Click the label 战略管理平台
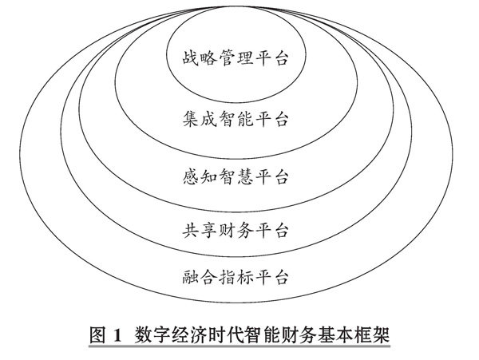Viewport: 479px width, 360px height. coord(236,60)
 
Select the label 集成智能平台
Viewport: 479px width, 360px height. coord(236,120)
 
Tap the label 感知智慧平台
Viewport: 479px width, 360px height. coord(236,174)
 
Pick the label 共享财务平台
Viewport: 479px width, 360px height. coord(236,231)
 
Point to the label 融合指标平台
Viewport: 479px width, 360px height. coord(236,278)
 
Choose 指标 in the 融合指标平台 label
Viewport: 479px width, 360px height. coord(236,278)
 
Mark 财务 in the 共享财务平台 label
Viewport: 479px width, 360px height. coord(236,231)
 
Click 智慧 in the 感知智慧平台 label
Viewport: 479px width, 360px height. coord(236,174)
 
